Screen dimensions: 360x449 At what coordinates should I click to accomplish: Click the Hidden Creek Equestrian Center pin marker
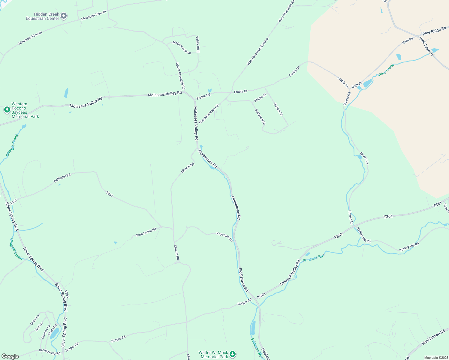pyautogui.click(x=64, y=16)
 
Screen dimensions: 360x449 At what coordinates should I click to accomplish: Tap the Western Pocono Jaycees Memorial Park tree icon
pyautogui.click(x=7, y=110)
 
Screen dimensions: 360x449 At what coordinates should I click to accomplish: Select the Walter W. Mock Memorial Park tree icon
pyautogui.click(x=233, y=354)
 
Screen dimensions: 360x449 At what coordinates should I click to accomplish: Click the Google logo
pyautogui.click(x=10, y=356)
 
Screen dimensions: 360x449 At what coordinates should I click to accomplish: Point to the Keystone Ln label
pyautogui.click(x=224, y=236)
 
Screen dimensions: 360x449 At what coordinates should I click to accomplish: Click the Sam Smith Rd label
pyautogui.click(x=146, y=232)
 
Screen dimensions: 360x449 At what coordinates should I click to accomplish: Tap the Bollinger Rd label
pyautogui.click(x=62, y=178)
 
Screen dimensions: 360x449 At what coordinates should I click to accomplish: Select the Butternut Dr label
pyautogui.click(x=260, y=117)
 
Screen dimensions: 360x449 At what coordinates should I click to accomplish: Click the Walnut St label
pyautogui.click(x=278, y=109)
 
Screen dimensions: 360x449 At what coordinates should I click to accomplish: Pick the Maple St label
pyautogui.click(x=260, y=98)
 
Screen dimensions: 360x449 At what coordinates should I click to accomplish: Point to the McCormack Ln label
pyautogui.click(x=182, y=47)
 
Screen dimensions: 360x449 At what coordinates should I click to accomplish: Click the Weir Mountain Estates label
pyautogui.click(x=258, y=51)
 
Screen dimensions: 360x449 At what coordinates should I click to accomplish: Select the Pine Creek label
pyautogui.click(x=386, y=70)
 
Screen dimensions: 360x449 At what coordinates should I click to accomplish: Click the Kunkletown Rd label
pyautogui.click(x=433, y=337)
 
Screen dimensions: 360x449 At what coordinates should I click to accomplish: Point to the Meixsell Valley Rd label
pyautogui.click(x=290, y=273)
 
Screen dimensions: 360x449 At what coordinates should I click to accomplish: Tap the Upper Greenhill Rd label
pyautogui.click(x=180, y=76)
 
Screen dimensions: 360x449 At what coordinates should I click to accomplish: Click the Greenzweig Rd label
pyautogui.click(x=50, y=352)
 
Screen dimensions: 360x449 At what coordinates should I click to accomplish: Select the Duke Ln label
pyautogui.click(x=35, y=320)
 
